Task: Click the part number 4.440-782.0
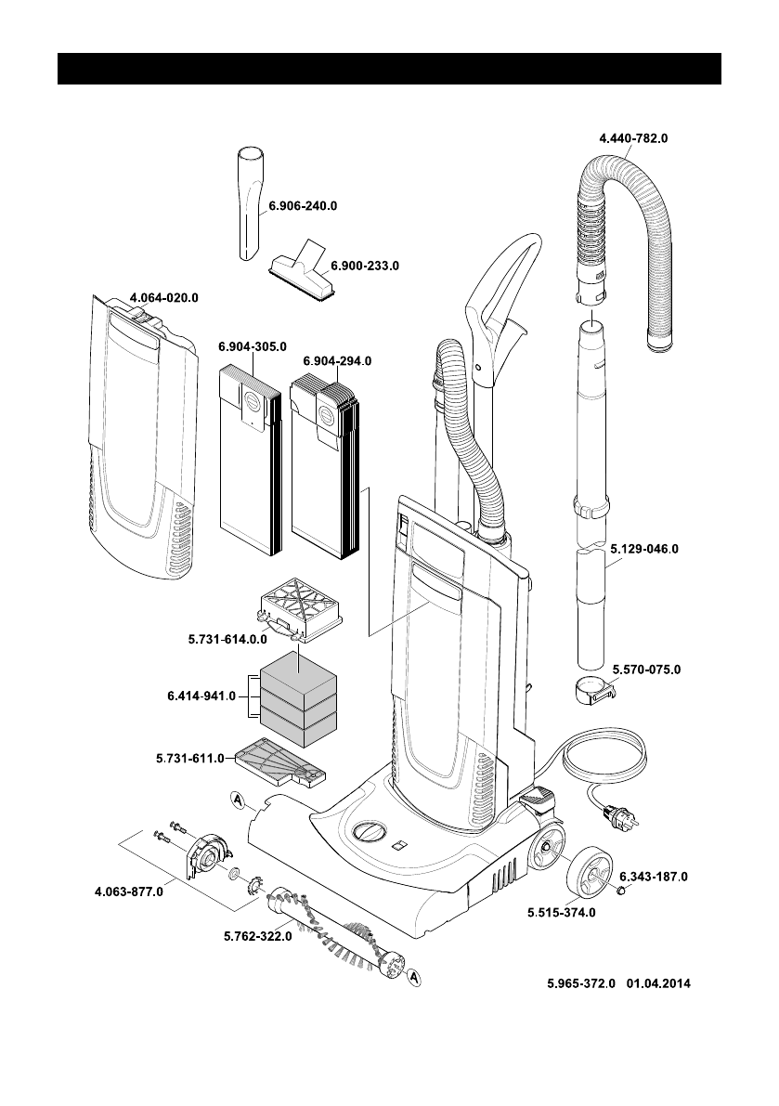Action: pyautogui.click(x=633, y=138)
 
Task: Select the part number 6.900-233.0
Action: pyautogui.click(x=364, y=266)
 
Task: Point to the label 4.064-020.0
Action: pyautogui.click(x=164, y=298)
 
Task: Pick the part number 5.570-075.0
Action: pyautogui.click(x=646, y=669)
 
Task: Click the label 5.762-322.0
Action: pyautogui.click(x=258, y=936)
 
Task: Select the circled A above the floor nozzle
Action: pyautogui.click(x=237, y=799)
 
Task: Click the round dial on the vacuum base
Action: pyautogui.click(x=369, y=828)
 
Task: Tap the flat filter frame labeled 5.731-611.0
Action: pyautogui.click(x=279, y=763)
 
